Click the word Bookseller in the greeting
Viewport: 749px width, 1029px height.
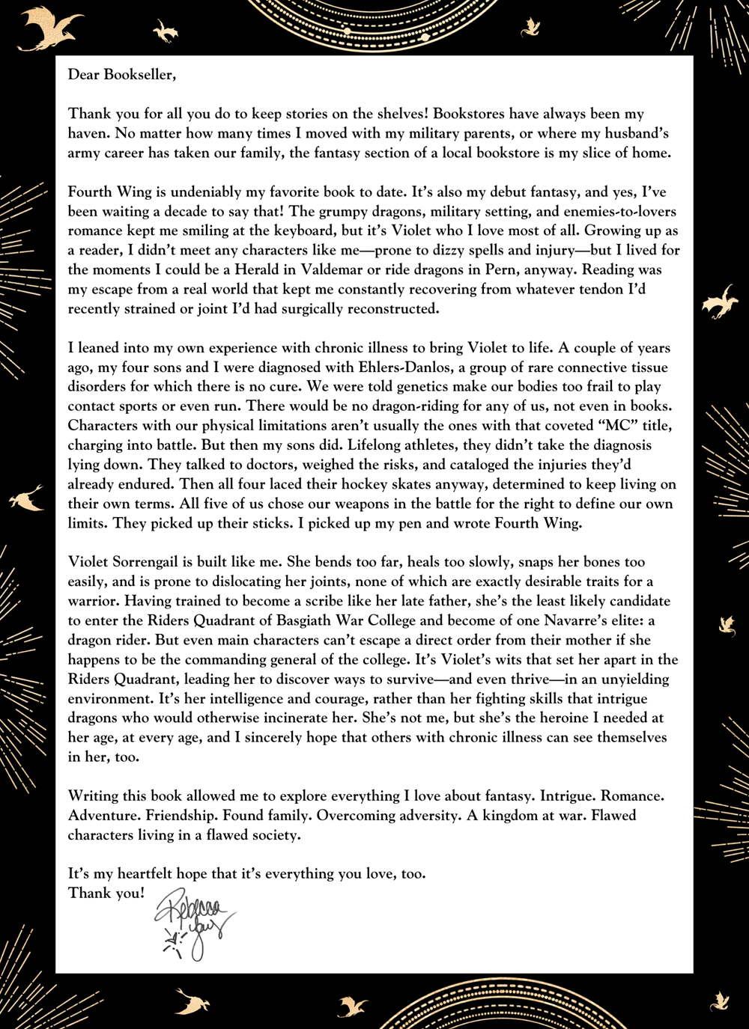click(138, 75)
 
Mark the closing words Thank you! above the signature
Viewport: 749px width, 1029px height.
click(106, 893)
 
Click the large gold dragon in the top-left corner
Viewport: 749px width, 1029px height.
click(51, 31)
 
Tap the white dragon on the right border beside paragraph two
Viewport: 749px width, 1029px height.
click(721, 302)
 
